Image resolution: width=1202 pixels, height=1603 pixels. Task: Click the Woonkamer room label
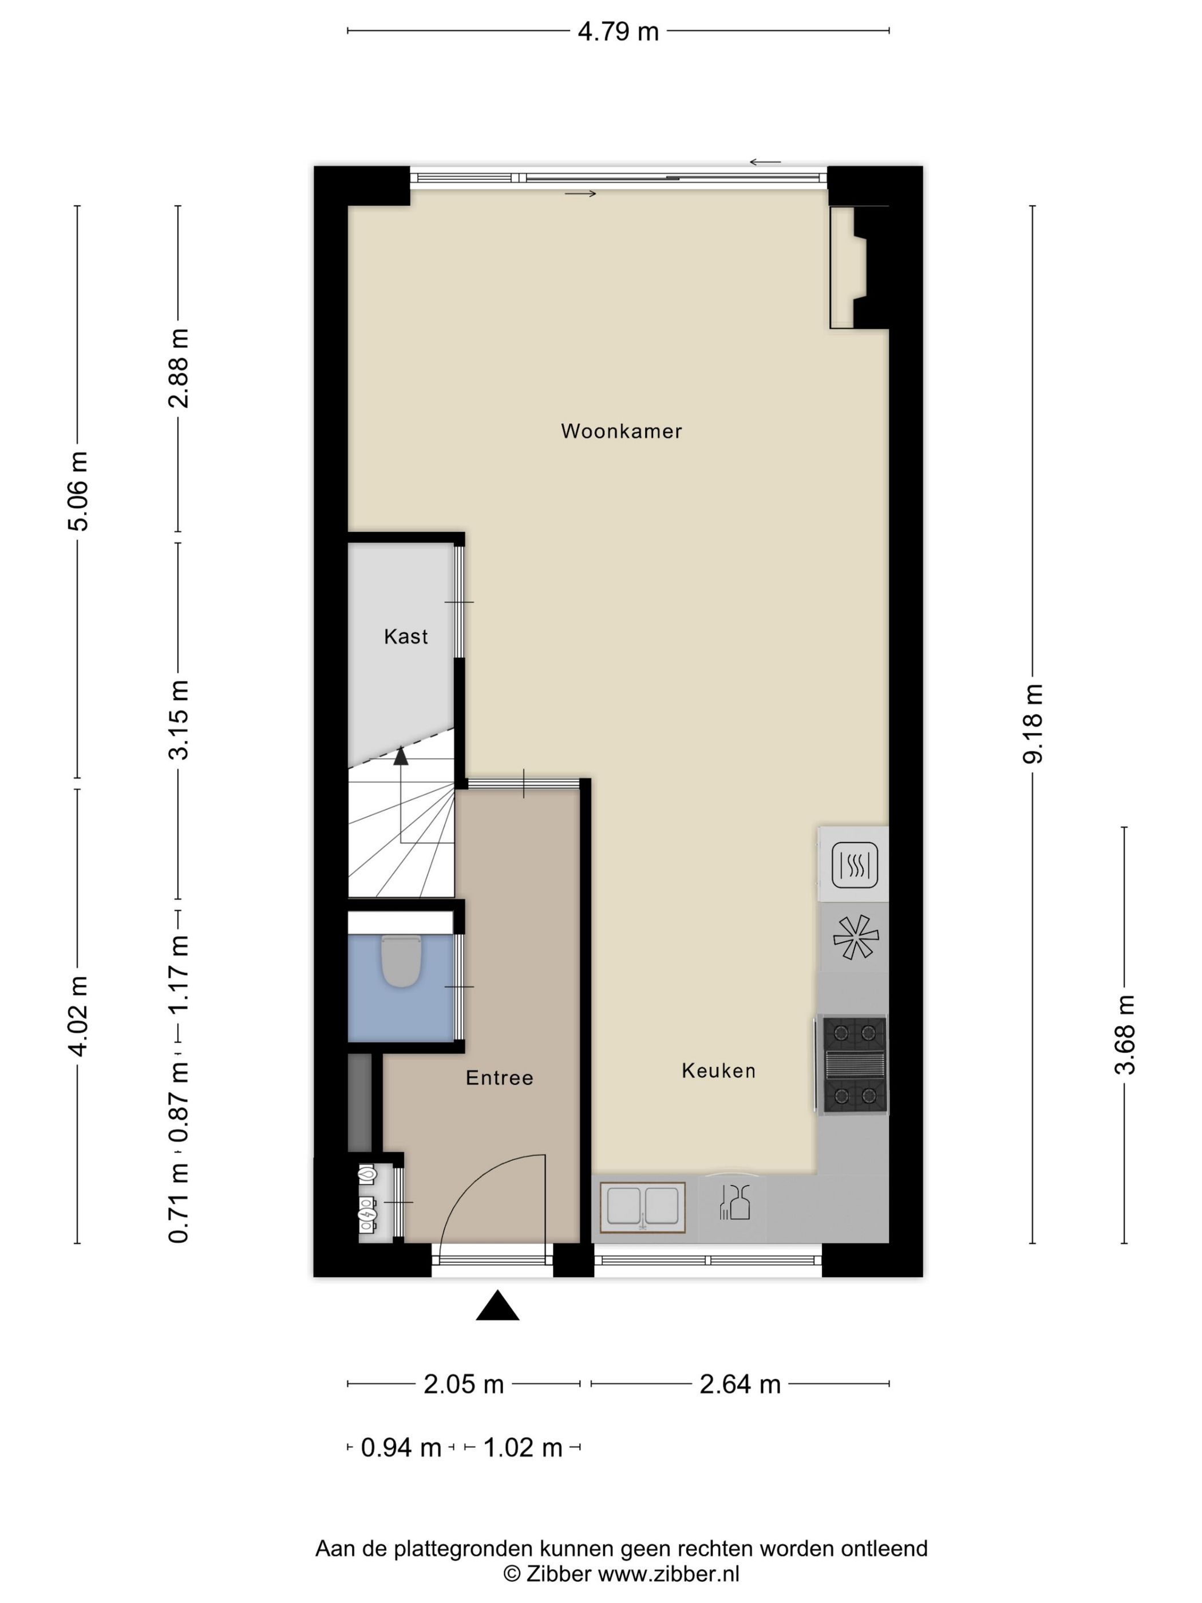(621, 431)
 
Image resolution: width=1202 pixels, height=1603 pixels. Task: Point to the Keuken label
(718, 1071)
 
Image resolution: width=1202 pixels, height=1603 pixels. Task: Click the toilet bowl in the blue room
(401, 961)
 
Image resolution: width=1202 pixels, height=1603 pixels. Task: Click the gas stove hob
(854, 1064)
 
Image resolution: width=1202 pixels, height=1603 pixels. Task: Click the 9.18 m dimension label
(1033, 723)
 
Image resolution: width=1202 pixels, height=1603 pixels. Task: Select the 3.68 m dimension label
(1125, 1034)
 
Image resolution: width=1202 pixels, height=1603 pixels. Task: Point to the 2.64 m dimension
(740, 1384)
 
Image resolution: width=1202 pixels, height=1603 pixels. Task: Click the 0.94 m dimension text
(401, 1447)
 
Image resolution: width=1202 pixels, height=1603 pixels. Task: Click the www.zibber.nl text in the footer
(668, 1573)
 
